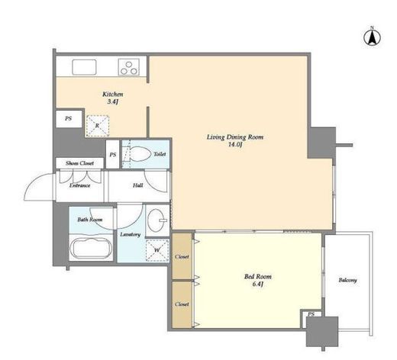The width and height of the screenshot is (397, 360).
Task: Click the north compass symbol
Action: (372, 37)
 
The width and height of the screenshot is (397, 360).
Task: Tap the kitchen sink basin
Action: (84, 67)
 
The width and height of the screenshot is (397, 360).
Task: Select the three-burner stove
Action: (129, 67)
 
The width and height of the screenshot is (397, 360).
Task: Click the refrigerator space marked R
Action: (98, 126)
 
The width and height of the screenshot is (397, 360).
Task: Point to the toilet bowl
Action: (140, 154)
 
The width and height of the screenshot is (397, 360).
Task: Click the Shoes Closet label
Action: (79, 163)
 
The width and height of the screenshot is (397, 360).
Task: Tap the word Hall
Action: (137, 185)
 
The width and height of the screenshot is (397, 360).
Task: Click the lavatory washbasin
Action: (157, 220)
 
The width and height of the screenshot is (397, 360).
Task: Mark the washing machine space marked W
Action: (157, 250)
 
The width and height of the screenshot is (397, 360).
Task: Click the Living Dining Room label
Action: (235, 137)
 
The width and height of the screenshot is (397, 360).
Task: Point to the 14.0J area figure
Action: (235, 145)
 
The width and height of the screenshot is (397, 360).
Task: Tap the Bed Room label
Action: (258, 276)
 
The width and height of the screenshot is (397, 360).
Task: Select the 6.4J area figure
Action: (257, 284)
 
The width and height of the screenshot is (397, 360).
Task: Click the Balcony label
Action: (347, 280)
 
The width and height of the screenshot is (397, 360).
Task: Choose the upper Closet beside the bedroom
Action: (182, 256)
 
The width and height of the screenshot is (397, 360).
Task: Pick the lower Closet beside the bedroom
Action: (182, 304)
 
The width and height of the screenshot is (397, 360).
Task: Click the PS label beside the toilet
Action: (113, 155)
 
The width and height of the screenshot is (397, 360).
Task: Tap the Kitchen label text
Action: (113, 95)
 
